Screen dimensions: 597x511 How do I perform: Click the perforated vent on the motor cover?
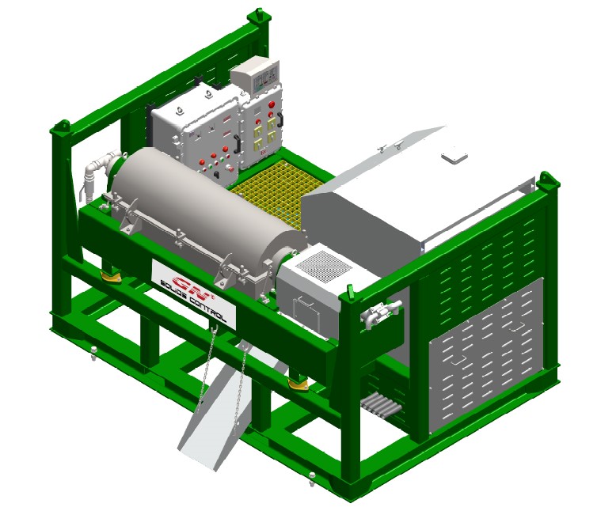(x=324, y=267)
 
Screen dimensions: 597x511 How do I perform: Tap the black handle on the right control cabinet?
(x=280, y=119)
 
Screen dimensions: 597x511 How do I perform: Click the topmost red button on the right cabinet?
(x=272, y=104)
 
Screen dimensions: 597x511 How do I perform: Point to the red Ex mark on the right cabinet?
(x=263, y=153)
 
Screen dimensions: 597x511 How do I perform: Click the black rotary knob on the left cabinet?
(x=216, y=174)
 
